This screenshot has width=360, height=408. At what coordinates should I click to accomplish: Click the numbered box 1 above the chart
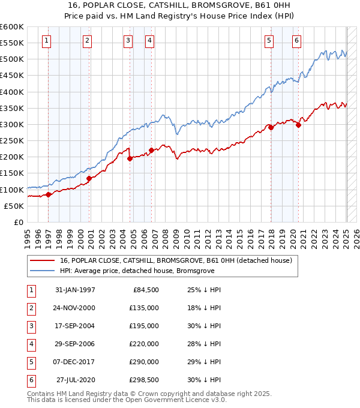click(47, 41)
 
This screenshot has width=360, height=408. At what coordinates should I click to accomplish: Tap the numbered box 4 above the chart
click(149, 41)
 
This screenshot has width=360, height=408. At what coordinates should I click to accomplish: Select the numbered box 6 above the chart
click(296, 41)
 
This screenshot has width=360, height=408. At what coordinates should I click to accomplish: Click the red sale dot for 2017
click(271, 127)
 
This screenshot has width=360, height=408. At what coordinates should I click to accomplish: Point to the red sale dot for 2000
click(89, 178)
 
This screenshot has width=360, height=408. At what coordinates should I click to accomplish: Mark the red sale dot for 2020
click(299, 125)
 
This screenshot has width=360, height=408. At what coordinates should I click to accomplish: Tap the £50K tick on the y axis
click(14, 206)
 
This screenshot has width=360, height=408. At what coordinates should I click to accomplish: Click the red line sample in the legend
click(41, 260)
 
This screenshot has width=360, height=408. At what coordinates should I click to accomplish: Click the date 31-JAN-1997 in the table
click(75, 290)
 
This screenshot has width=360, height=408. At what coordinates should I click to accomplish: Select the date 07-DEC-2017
click(75, 362)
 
